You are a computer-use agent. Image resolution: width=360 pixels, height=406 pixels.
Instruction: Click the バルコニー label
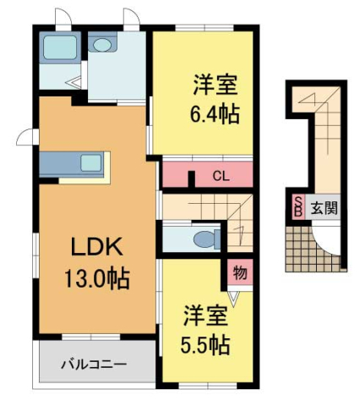[93, 365]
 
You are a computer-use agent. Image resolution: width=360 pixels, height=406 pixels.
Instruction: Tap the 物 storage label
[239, 272]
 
